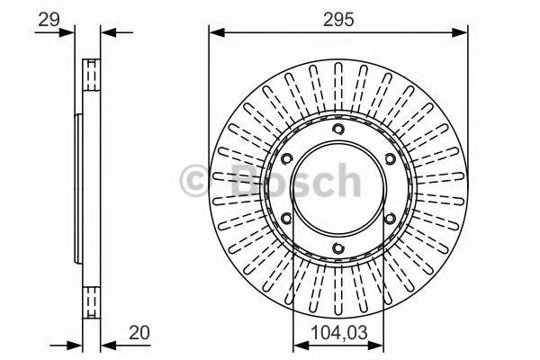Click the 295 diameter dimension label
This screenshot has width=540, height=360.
[x=338, y=17]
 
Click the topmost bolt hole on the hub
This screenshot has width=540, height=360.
[x=338, y=131]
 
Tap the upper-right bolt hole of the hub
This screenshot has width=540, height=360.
[x=390, y=160]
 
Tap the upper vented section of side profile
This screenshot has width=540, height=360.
[x=91, y=76]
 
